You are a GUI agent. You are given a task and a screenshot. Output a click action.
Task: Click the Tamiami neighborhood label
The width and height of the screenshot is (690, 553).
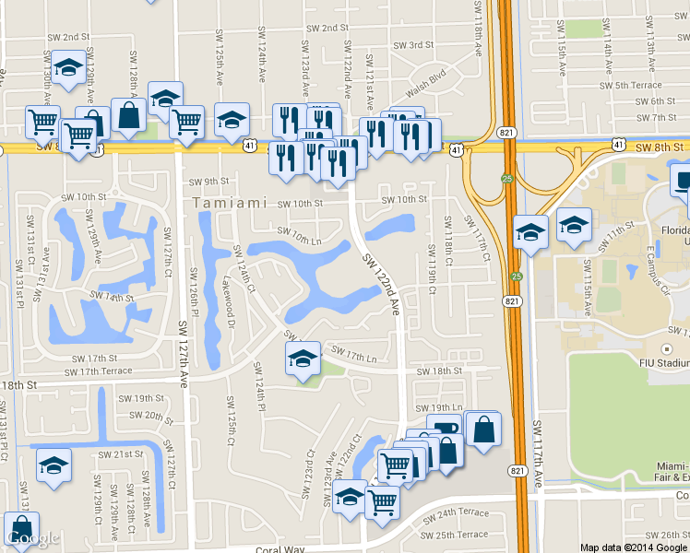tap(230, 202)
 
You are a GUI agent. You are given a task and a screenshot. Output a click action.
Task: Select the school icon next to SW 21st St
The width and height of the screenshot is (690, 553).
tap(54, 464)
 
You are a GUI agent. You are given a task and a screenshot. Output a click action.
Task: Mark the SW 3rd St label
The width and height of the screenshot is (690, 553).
tap(408, 45)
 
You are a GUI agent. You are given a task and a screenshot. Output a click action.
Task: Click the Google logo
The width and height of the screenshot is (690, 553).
tap(32, 537)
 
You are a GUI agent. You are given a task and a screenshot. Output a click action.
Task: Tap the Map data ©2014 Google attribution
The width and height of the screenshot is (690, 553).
tap(633, 547)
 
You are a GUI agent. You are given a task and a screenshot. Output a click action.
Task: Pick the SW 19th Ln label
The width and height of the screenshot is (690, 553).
tap(438, 407)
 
